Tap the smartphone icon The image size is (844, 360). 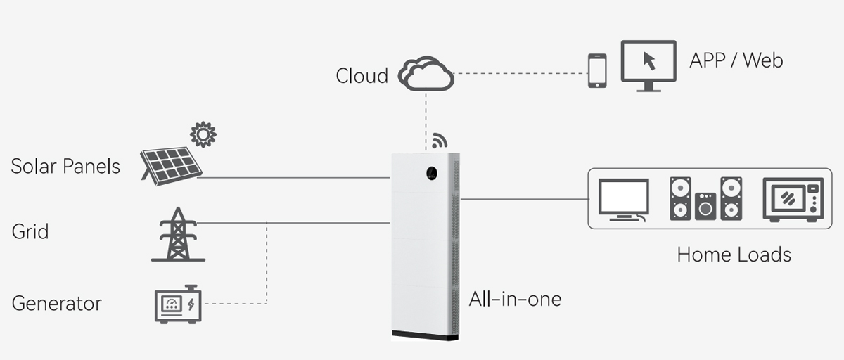(x=597, y=70)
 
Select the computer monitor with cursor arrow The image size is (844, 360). (x=648, y=65)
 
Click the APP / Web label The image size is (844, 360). (x=736, y=60)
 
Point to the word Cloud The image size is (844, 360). (x=362, y=75)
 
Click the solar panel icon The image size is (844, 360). (x=171, y=164)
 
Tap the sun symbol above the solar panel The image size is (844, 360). (x=203, y=134)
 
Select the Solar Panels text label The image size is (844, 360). (x=65, y=167)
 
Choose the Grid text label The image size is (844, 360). (x=30, y=231)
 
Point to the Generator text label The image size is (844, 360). (x=57, y=304)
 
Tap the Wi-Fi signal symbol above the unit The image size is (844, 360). (x=440, y=140)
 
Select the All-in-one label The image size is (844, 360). (x=515, y=300)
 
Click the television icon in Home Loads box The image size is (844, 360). (x=623, y=200)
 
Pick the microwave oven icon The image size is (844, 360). (x=793, y=200)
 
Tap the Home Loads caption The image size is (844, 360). (x=734, y=255)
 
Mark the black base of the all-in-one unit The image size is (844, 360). (x=425, y=335)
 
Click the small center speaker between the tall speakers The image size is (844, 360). (x=705, y=207)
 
